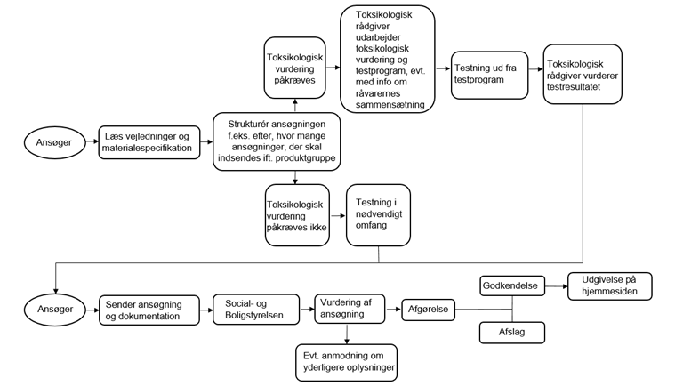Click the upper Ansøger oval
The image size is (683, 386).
click(x=54, y=142)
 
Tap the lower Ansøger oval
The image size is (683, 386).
click(x=55, y=310)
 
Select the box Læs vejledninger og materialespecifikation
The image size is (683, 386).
click(x=149, y=142)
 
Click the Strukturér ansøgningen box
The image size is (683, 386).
click(x=277, y=141)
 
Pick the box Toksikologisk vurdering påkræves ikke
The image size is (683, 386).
click(x=297, y=215)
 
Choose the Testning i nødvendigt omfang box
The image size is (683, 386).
click(x=378, y=215)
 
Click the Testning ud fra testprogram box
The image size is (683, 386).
click(x=490, y=75)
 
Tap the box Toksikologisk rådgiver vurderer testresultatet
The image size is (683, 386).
click(x=583, y=74)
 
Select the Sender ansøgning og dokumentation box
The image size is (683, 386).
click(x=149, y=310)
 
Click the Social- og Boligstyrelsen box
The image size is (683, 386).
click(x=256, y=310)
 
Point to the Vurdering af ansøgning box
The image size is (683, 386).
click(x=350, y=309)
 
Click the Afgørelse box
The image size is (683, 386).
click(x=428, y=310)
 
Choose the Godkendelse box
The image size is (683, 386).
click(x=512, y=285)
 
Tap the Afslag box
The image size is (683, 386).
click(x=512, y=333)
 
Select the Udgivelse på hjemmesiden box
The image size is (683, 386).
click(x=610, y=286)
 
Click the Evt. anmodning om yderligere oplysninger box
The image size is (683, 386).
click(x=347, y=363)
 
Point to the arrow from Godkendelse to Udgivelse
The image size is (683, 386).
click(x=557, y=286)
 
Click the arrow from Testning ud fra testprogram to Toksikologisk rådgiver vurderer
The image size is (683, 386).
click(x=535, y=68)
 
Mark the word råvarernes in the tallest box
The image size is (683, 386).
click(x=378, y=93)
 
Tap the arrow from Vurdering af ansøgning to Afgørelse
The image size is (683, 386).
click(x=393, y=310)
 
